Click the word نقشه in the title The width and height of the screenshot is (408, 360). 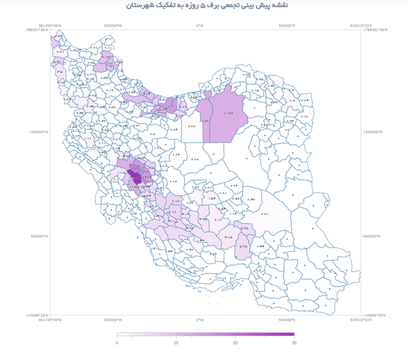tap(296, 5)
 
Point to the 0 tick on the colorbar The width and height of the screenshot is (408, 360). tap(118, 342)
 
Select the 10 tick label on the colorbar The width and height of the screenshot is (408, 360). tap(176, 342)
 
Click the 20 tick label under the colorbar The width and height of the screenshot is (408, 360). tap(235, 342)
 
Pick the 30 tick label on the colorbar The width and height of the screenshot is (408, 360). tap(294, 342)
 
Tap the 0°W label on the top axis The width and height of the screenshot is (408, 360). tap(200, 25)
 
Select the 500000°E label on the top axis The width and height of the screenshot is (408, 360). tap(291, 25)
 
